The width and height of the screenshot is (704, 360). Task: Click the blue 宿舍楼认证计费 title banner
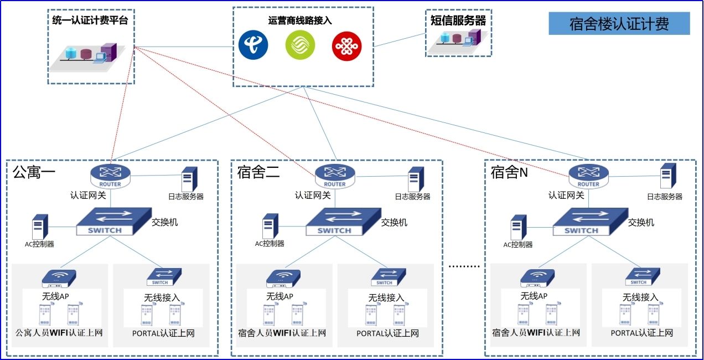pos(619,24)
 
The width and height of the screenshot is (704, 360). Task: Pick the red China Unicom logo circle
pos(346,46)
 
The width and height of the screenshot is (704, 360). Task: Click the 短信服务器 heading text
pos(458,20)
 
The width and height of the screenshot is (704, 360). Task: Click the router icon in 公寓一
pos(110,175)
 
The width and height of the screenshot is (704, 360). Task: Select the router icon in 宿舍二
pos(334,175)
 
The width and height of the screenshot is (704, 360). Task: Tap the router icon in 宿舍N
pos(588,175)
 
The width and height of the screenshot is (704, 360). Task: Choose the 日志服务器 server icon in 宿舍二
pos(416,179)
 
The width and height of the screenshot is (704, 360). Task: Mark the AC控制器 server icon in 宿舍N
pos(518,227)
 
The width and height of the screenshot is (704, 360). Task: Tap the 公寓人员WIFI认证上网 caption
pos(59,333)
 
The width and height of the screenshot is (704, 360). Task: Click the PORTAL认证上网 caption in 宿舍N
pos(642,333)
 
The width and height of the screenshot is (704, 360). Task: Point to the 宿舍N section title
pos(509,172)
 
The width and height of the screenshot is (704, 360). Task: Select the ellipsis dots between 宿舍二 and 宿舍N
pos(464,266)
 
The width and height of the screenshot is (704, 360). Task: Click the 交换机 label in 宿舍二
pos(394,223)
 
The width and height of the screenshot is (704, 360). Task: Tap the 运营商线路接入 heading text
pos(301,20)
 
